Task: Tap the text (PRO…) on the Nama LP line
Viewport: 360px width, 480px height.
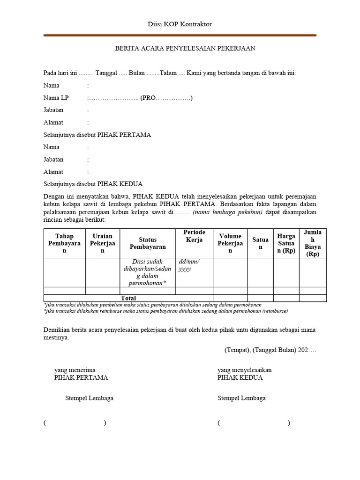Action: pyautogui.click(x=166, y=98)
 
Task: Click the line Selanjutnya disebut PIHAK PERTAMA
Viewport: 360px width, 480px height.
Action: pyautogui.click(x=97, y=135)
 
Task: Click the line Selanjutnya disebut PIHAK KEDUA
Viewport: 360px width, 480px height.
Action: pyautogui.click(x=93, y=184)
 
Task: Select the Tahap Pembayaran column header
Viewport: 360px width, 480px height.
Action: pyautogui.click(x=65, y=243)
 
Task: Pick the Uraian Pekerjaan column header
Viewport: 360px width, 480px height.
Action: pyautogui.click(x=102, y=243)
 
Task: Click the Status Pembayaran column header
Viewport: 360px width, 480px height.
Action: pyautogui.click(x=148, y=243)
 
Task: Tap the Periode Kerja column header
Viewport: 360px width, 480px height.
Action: pyautogui.click(x=194, y=236)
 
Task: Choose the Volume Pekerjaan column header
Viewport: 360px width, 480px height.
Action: pyautogui.click(x=230, y=243)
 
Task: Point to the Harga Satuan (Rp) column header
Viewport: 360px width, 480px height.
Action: pyautogui.click(x=286, y=243)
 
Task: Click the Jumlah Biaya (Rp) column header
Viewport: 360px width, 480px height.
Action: pyautogui.click(x=313, y=243)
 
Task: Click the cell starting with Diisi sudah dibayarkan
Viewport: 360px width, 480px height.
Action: pyautogui.click(x=148, y=272)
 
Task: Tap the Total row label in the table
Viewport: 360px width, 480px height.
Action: pyautogui.click(x=128, y=298)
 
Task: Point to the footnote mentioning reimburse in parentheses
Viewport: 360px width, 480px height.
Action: pyautogui.click(x=165, y=311)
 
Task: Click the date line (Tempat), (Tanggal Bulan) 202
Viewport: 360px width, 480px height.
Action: pyautogui.click(x=270, y=350)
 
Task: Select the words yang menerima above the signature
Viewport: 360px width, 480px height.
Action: pyautogui.click(x=75, y=370)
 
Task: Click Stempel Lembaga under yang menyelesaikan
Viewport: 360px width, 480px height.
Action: pyautogui.click(x=241, y=398)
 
